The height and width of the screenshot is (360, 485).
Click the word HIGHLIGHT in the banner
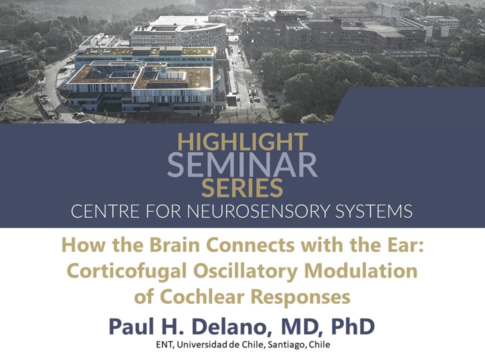point(242,143)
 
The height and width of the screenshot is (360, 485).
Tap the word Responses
point(300,297)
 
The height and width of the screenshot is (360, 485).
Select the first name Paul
point(131,326)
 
